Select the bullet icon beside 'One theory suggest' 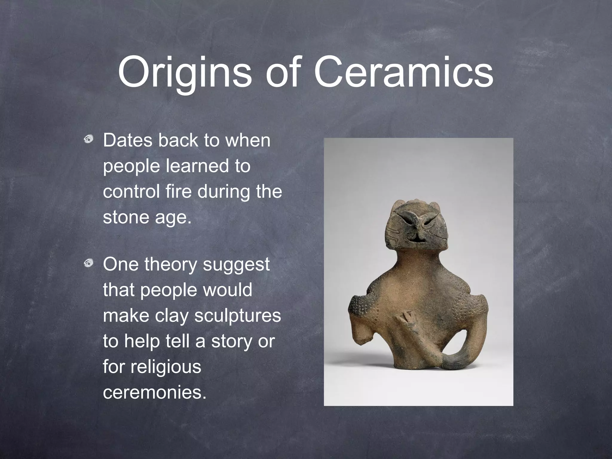pos(88,263)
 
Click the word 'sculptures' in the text pos(238,316)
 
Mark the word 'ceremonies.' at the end pos(154,393)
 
